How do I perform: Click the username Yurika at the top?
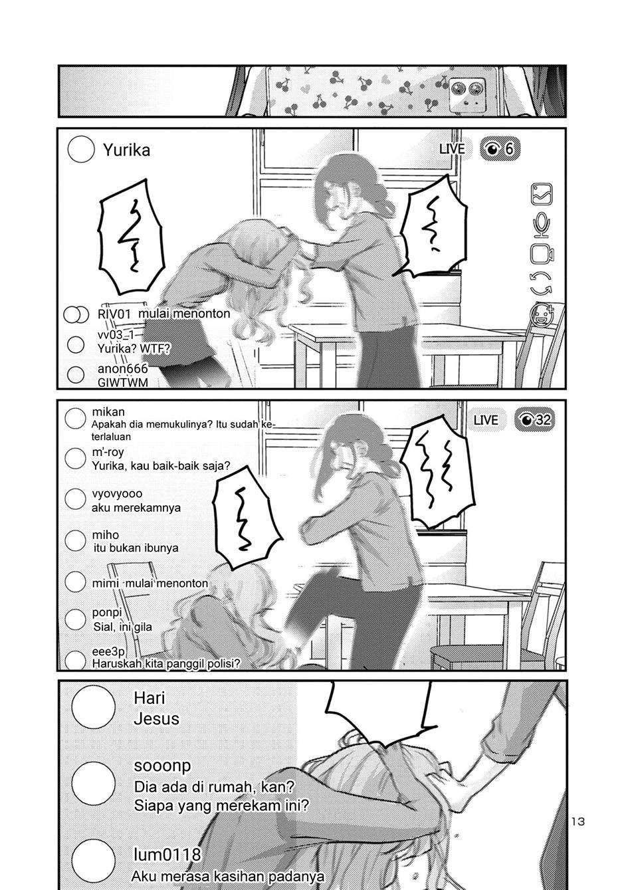(x=126, y=150)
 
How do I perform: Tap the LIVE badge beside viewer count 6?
(x=452, y=149)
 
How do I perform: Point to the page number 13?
(x=577, y=822)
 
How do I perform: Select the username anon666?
(x=122, y=369)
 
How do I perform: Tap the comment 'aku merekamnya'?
(x=136, y=508)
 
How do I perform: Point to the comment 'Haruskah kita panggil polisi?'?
(x=165, y=663)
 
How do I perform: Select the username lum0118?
(x=167, y=854)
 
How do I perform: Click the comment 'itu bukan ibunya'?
(x=136, y=548)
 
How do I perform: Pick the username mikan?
(x=108, y=412)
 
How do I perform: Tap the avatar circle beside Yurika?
(x=81, y=150)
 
